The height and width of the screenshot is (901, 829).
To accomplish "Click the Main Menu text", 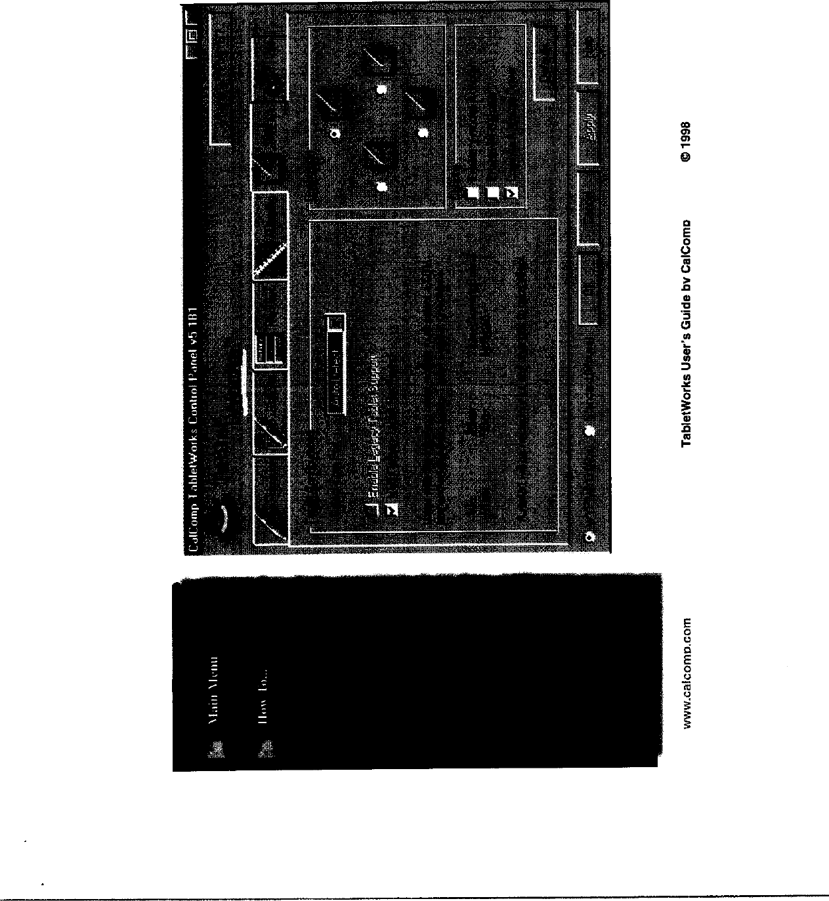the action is pos(213,690).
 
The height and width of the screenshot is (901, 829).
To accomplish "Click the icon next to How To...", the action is pos(265,748).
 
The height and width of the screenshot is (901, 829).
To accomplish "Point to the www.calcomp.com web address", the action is pos(687,673).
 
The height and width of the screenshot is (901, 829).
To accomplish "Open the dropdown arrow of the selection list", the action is pos(335,323).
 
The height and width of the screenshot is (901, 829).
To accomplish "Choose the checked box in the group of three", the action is pos(512,192).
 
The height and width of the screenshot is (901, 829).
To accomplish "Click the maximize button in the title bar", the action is pos(192,35).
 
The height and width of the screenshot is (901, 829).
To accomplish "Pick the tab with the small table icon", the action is pos(267,348).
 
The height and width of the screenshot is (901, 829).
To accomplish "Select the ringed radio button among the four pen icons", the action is pos(335,134).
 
